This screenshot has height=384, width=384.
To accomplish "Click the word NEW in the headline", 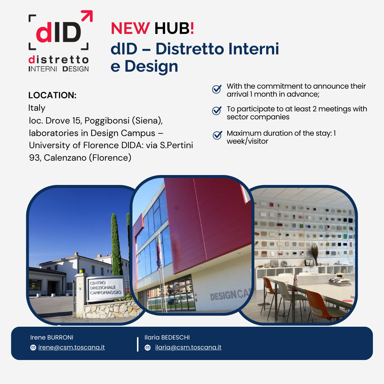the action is [x=130, y=28].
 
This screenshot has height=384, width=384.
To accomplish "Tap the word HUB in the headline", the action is [x=172, y=28].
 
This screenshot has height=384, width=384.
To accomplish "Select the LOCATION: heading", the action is [x=52, y=95].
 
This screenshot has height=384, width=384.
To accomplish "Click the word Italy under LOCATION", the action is [x=37, y=108].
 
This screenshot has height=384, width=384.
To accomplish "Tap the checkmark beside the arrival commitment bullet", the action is [x=217, y=89].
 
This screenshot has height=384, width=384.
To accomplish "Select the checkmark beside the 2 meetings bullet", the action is [x=217, y=111].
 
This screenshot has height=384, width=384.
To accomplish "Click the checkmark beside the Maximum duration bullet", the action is [x=217, y=135].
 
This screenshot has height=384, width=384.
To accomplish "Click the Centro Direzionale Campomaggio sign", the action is [x=106, y=288].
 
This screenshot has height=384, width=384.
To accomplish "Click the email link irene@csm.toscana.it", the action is [x=72, y=347].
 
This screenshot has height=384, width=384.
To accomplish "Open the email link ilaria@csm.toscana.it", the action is [x=188, y=347].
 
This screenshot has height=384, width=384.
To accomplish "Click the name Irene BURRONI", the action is [x=52, y=337].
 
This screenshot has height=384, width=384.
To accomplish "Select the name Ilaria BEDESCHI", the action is [x=167, y=337].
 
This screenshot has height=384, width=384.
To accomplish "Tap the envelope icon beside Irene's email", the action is [x=33, y=348].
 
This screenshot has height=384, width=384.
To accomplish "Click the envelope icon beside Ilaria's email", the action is [x=148, y=348].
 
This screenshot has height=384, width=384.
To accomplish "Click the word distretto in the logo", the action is [x=58, y=60].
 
